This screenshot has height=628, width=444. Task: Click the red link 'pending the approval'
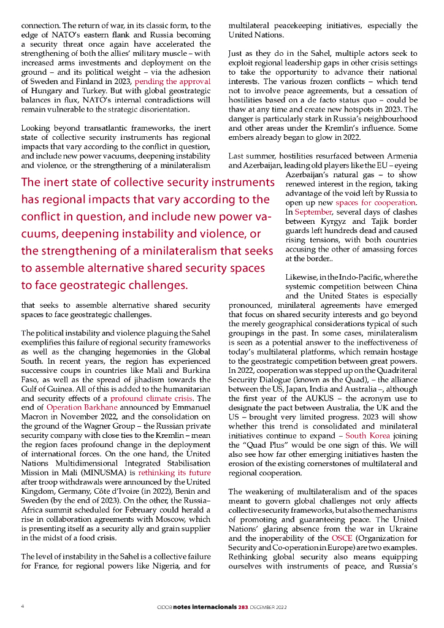(x=172, y=81)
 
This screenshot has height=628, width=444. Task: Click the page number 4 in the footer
(x=23, y=606)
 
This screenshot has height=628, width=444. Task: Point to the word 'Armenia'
(x=401, y=157)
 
